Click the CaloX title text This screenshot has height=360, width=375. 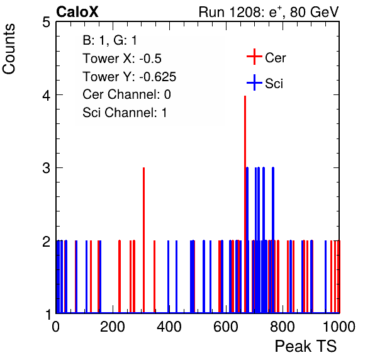click(x=77, y=12)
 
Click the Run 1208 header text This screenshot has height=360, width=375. click(x=269, y=12)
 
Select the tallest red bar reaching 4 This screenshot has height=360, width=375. click(x=245, y=204)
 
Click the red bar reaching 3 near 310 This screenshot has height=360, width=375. click(x=143, y=240)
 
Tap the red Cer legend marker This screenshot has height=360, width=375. click(x=254, y=57)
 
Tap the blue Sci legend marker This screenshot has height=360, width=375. click(x=254, y=82)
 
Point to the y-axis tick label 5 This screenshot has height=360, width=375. click(x=46, y=23)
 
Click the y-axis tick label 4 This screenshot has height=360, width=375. click(x=46, y=96)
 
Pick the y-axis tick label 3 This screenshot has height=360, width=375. click(x=46, y=169)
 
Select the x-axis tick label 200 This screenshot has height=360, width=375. click(x=113, y=327)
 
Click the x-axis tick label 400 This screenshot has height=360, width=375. click(x=169, y=327)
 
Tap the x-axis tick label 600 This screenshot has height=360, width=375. click(x=226, y=327)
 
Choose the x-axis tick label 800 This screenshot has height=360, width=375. click(x=283, y=327)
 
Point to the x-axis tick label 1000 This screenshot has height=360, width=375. click(x=339, y=327)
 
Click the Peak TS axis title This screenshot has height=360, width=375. click(x=306, y=346)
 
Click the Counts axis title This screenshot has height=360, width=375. click(x=9, y=49)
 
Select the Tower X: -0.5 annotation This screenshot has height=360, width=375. click(x=122, y=59)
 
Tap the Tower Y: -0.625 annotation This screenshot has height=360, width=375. click(x=130, y=77)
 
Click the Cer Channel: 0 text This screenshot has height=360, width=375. click(x=126, y=94)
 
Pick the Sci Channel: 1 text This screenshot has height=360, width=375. click(x=125, y=113)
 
